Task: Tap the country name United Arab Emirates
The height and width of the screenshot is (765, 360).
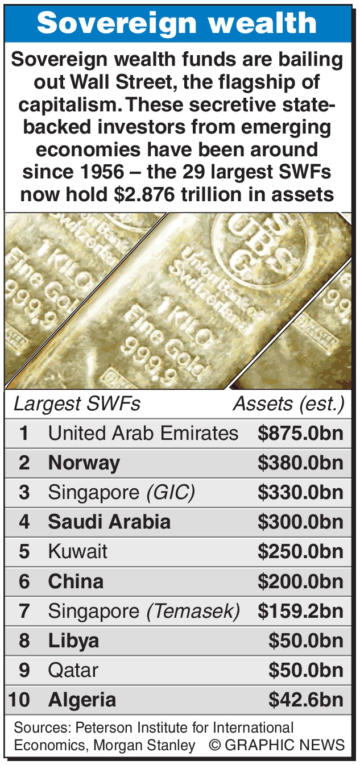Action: tap(143, 434)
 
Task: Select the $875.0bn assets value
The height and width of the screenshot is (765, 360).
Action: tap(300, 434)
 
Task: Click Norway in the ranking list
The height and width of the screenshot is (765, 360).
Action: tap(84, 463)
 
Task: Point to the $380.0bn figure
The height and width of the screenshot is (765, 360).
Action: tap(300, 463)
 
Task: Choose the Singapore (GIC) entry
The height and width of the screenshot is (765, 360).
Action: tap(121, 493)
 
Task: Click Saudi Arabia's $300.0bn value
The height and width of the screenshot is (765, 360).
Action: tap(300, 522)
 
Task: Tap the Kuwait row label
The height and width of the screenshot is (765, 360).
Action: tap(77, 552)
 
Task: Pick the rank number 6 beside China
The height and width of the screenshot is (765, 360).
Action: tap(24, 581)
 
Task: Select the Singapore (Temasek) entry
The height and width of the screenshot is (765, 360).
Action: tap(143, 611)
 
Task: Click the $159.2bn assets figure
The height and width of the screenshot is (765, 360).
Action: tap(300, 611)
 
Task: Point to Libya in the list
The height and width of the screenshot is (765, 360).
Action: tap(73, 641)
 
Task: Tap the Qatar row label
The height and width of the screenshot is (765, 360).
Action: tap(73, 670)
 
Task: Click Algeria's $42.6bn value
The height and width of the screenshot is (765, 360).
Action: tap(306, 700)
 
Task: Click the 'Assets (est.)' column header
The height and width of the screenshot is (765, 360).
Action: tap(289, 404)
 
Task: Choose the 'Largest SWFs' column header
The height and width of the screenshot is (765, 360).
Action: tap(77, 404)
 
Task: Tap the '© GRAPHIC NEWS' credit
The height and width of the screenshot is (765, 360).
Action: tap(276, 745)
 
